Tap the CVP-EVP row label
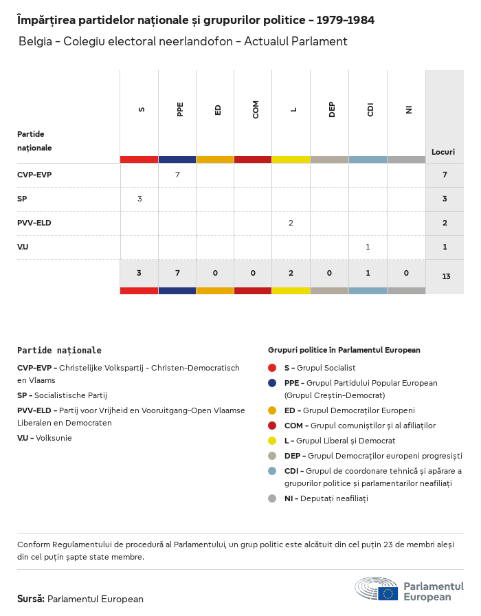(34, 175)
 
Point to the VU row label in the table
(23, 247)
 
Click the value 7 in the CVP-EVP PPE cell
(177, 175)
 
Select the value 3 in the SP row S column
(139, 199)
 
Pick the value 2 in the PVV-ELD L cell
(291, 223)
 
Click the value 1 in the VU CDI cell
(368, 247)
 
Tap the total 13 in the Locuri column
(446, 276)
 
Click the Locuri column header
(443, 152)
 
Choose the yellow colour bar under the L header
(291, 159)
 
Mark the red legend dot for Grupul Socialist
(272, 368)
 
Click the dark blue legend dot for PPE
(272, 383)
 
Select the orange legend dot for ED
(272, 410)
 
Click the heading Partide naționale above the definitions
(59, 350)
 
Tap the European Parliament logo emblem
(376, 589)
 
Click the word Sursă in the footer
(31, 599)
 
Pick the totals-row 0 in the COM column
(253, 273)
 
